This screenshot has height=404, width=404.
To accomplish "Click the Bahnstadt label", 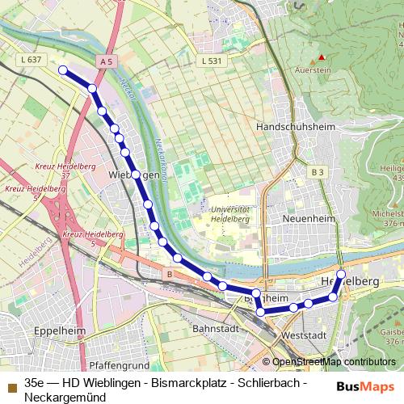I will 215,329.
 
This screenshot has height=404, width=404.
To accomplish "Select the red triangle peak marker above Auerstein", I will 322,57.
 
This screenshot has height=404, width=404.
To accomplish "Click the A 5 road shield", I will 104,61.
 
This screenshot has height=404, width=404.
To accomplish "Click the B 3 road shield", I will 316,172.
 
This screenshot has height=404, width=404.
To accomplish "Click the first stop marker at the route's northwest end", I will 62,70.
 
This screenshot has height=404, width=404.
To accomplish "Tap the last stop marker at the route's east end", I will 341,274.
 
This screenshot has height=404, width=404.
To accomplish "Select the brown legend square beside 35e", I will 11,381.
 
